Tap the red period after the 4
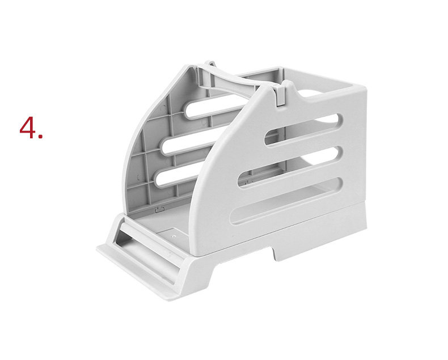point(40,137)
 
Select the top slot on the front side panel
point(304,130)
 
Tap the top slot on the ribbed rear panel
point(214,106)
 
